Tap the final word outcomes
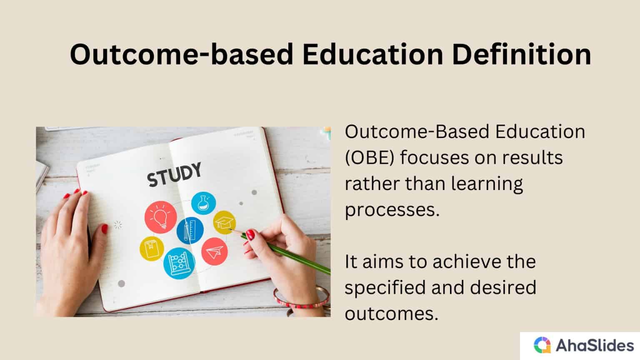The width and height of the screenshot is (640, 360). point(391,314)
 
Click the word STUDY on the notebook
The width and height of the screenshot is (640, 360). point(175,175)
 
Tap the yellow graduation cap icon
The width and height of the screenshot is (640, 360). point(225,222)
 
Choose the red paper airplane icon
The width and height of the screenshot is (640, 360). point(215,251)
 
